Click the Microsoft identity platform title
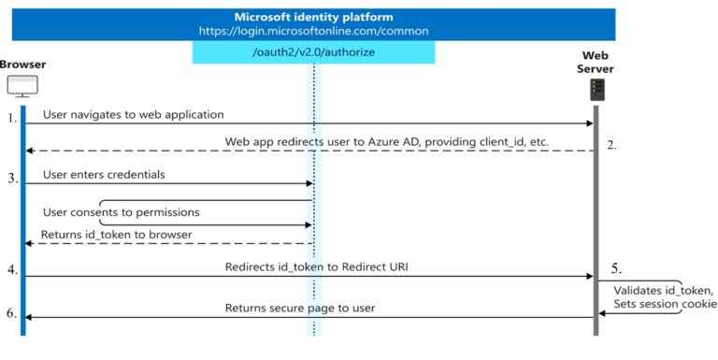[313, 16]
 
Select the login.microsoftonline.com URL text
[313, 30]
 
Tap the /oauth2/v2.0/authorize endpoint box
[313, 52]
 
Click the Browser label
[22, 64]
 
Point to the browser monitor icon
[22, 87]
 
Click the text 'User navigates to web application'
[134, 115]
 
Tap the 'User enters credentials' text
[106, 175]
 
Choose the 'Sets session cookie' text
[665, 304]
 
